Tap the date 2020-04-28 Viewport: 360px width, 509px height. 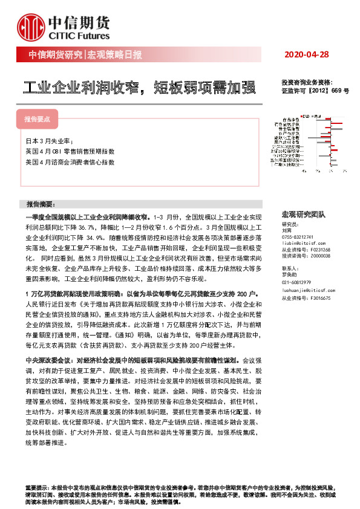(306, 54)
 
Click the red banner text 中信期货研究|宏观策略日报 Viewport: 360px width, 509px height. (85, 55)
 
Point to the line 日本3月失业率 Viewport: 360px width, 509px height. (47, 141)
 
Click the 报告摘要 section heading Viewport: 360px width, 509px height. (41, 204)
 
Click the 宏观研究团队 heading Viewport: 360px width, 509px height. (303, 215)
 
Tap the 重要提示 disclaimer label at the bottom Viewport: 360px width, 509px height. (36, 487)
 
